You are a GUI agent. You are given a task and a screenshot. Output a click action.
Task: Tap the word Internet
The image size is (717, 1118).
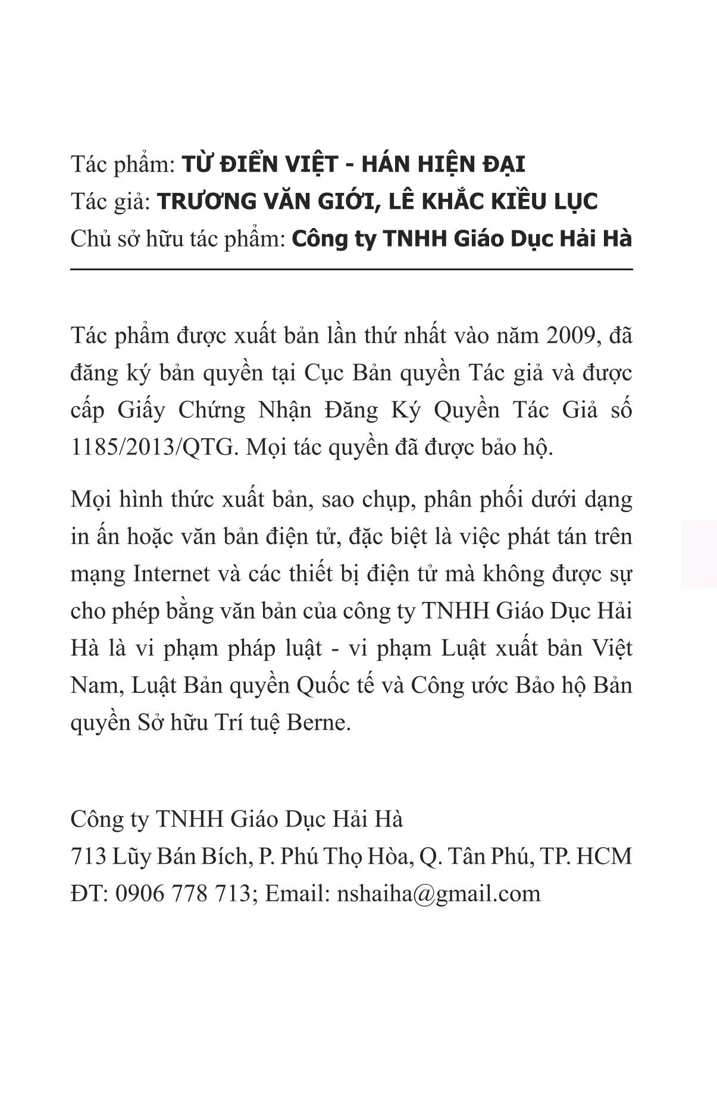(171, 574)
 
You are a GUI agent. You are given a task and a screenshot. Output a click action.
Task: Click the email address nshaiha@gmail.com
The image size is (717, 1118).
(439, 894)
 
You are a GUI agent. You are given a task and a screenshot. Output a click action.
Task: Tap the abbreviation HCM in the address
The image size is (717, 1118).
(604, 857)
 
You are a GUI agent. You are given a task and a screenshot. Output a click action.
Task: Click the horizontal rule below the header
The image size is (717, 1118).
(351, 270)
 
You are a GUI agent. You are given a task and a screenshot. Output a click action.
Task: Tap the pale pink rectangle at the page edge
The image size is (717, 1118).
(699, 554)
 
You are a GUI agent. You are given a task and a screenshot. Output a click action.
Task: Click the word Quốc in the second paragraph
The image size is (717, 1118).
(322, 685)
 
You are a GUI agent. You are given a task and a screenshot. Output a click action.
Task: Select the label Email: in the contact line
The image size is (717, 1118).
(297, 894)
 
